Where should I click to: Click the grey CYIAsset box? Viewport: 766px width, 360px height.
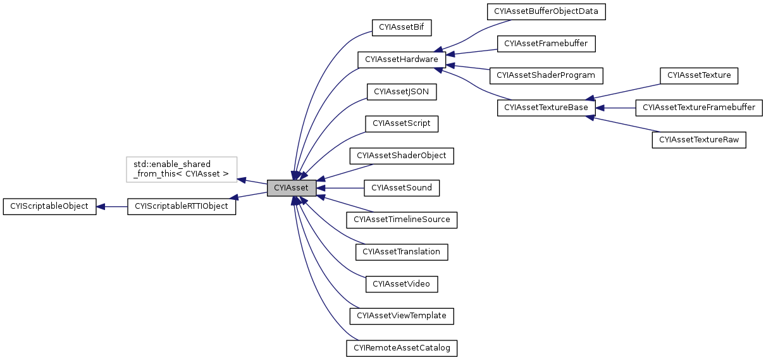(x=291, y=188)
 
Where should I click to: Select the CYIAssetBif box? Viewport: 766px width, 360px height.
(x=401, y=27)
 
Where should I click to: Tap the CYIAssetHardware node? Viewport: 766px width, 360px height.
(x=402, y=59)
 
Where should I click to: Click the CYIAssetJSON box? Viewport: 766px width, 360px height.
(x=401, y=92)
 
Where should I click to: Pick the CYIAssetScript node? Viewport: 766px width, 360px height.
(x=401, y=123)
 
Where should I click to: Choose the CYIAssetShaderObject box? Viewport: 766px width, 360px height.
(x=401, y=156)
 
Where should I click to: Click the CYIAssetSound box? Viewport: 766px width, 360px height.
(x=401, y=188)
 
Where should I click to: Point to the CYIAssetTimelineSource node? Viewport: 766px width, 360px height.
(x=401, y=220)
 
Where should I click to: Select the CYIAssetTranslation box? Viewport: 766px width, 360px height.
(x=401, y=252)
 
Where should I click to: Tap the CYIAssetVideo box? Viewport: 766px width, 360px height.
(x=401, y=284)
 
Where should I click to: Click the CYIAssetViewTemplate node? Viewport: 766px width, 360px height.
(x=401, y=316)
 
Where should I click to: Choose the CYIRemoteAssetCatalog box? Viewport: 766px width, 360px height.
(x=401, y=348)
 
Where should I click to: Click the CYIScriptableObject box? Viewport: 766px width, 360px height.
(x=49, y=206)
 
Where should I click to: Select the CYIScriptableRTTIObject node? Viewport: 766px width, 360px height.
(x=182, y=206)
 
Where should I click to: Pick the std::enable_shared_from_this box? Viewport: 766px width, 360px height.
(x=182, y=170)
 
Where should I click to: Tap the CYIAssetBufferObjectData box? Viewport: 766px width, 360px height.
(x=546, y=11)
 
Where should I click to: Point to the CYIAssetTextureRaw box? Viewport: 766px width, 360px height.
(x=699, y=140)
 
